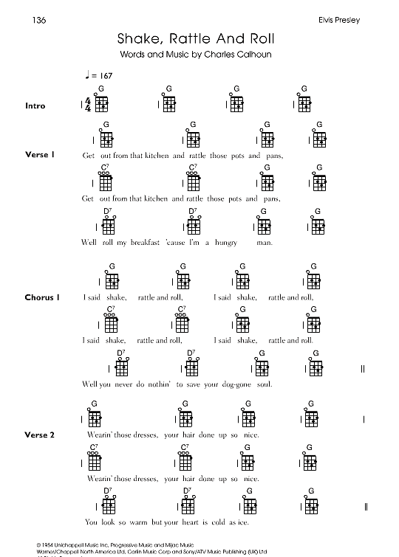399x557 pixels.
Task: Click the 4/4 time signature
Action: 89,105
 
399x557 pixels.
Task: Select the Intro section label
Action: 35,105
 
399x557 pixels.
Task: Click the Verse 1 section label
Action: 40,155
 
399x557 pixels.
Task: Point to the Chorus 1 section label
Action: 42,297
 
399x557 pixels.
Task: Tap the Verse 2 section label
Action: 40,435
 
